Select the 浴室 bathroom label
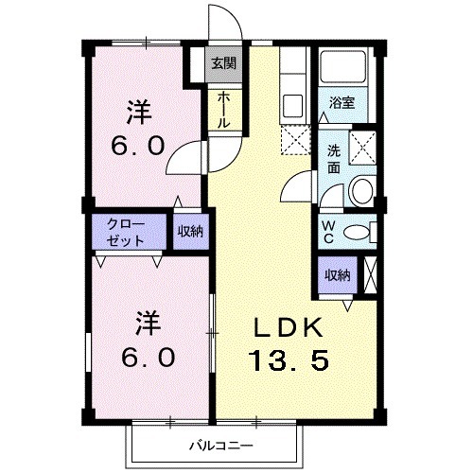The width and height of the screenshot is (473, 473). tap(342, 103)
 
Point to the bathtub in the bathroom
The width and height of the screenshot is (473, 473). tap(346, 67)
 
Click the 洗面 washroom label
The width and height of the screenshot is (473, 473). tap(334, 158)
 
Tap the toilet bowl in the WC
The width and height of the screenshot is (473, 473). tap(356, 233)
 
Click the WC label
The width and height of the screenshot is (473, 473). tap(327, 232)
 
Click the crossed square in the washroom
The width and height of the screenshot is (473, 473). tap(363, 148)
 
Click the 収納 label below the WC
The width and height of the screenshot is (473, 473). tap(338, 275)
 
